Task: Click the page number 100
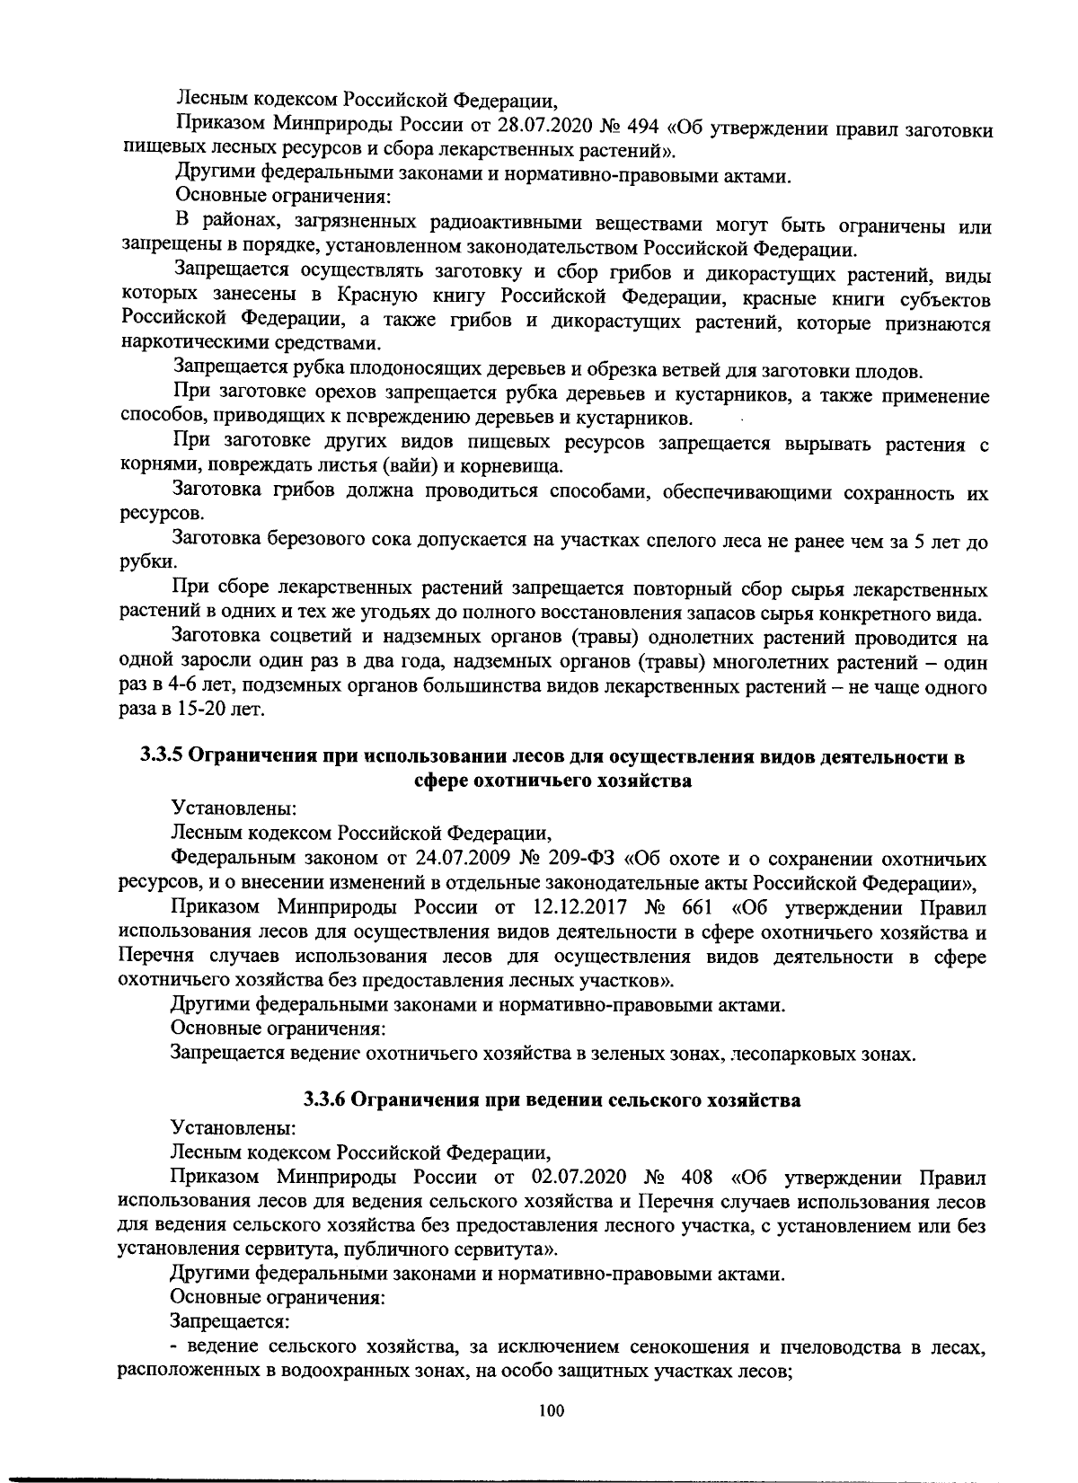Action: [x=551, y=1411]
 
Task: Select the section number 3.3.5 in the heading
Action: [x=164, y=756]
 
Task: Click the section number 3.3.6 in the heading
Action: [x=327, y=1100]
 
